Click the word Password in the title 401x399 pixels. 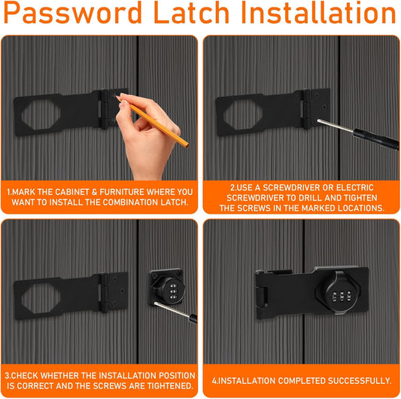72,14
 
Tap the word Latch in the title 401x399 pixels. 191,13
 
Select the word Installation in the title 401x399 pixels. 318,13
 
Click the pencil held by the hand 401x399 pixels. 153,121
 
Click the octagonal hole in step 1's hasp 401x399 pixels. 41,114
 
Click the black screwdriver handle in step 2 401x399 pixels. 376,139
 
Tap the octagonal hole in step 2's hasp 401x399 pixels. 243,114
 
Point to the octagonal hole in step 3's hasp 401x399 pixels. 41,298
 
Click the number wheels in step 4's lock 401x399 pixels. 342,296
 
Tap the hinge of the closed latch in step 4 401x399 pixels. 261,296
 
